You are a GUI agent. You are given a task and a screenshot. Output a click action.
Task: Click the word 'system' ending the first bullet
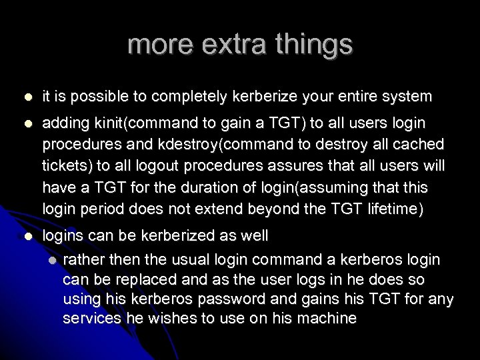[x=405, y=97]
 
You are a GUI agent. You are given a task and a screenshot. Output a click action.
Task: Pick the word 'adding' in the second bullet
[x=64, y=125]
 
